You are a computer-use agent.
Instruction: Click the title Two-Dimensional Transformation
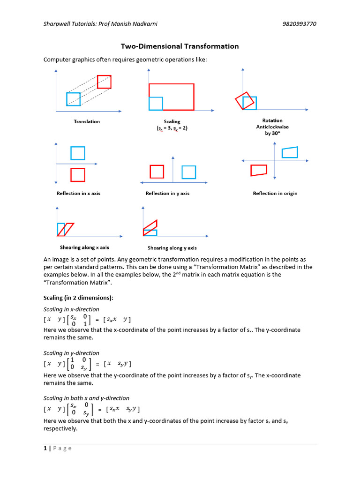(x=180, y=46)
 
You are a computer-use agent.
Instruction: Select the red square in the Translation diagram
(x=104, y=82)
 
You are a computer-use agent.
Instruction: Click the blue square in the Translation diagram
(x=73, y=99)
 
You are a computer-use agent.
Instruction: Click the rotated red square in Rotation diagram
(x=245, y=100)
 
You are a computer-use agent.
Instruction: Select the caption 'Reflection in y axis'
(x=167, y=193)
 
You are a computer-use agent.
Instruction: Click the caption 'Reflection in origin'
(x=275, y=193)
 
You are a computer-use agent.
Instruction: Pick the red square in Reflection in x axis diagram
(x=78, y=175)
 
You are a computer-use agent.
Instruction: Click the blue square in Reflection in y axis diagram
(x=188, y=172)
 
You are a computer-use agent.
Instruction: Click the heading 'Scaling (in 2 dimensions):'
(x=78, y=298)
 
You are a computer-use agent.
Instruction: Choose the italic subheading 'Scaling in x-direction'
(x=71, y=309)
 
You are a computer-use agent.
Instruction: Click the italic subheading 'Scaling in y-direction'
(x=71, y=353)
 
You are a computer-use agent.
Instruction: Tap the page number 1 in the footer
(x=45, y=448)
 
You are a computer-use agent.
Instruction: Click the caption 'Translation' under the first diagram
(x=87, y=121)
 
